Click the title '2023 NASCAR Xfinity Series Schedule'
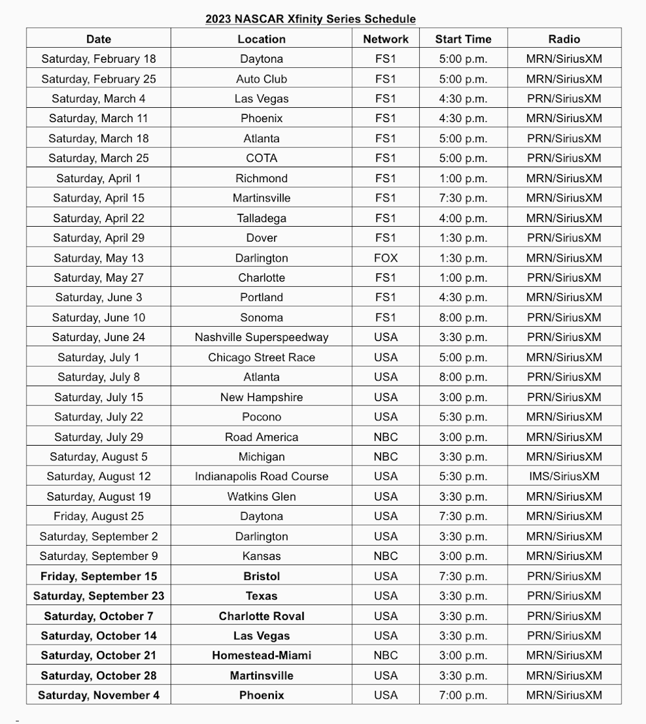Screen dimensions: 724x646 click(310, 19)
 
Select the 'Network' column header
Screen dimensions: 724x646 click(386, 39)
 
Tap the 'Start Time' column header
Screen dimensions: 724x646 click(463, 39)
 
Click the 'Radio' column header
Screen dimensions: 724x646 click(564, 39)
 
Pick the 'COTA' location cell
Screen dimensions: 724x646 click(262, 158)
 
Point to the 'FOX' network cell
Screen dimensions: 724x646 click(386, 258)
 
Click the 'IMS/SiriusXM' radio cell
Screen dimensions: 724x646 click(564, 477)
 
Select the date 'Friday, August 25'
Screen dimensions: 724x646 click(99, 516)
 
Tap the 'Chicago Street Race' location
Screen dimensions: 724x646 click(262, 357)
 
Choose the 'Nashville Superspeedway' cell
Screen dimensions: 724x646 click(262, 337)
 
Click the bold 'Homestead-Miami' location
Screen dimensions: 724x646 click(262, 656)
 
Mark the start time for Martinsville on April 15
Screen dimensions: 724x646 click(463, 198)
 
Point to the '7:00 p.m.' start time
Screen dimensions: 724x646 click(463, 696)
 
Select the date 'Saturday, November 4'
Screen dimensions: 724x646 click(99, 696)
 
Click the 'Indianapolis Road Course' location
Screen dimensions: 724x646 click(262, 477)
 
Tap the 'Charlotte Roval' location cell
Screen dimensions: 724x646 click(262, 616)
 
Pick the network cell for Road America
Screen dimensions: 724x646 click(386, 437)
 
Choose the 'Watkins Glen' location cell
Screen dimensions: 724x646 click(262, 497)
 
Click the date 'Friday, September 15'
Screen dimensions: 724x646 click(99, 576)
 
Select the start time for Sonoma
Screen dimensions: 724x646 click(463, 318)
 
